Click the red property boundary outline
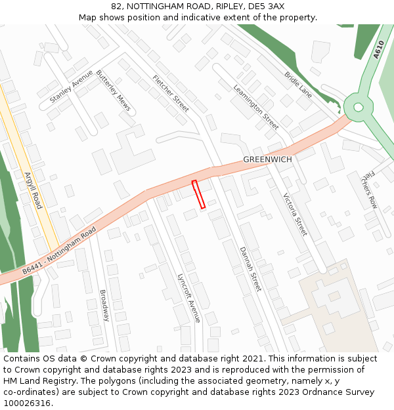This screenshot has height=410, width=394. (198, 194)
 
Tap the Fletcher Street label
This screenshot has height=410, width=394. (171, 92)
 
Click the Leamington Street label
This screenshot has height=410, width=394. (256, 106)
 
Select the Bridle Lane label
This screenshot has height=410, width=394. (298, 85)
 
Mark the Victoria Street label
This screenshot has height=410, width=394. (295, 215)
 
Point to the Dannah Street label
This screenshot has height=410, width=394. (250, 269)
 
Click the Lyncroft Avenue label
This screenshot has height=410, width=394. (188, 298)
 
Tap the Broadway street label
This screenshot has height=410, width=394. (104, 306)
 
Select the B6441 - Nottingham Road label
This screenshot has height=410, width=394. (59, 251)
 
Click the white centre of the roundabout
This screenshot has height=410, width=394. (358, 107)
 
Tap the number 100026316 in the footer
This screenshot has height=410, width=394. (28, 403)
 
